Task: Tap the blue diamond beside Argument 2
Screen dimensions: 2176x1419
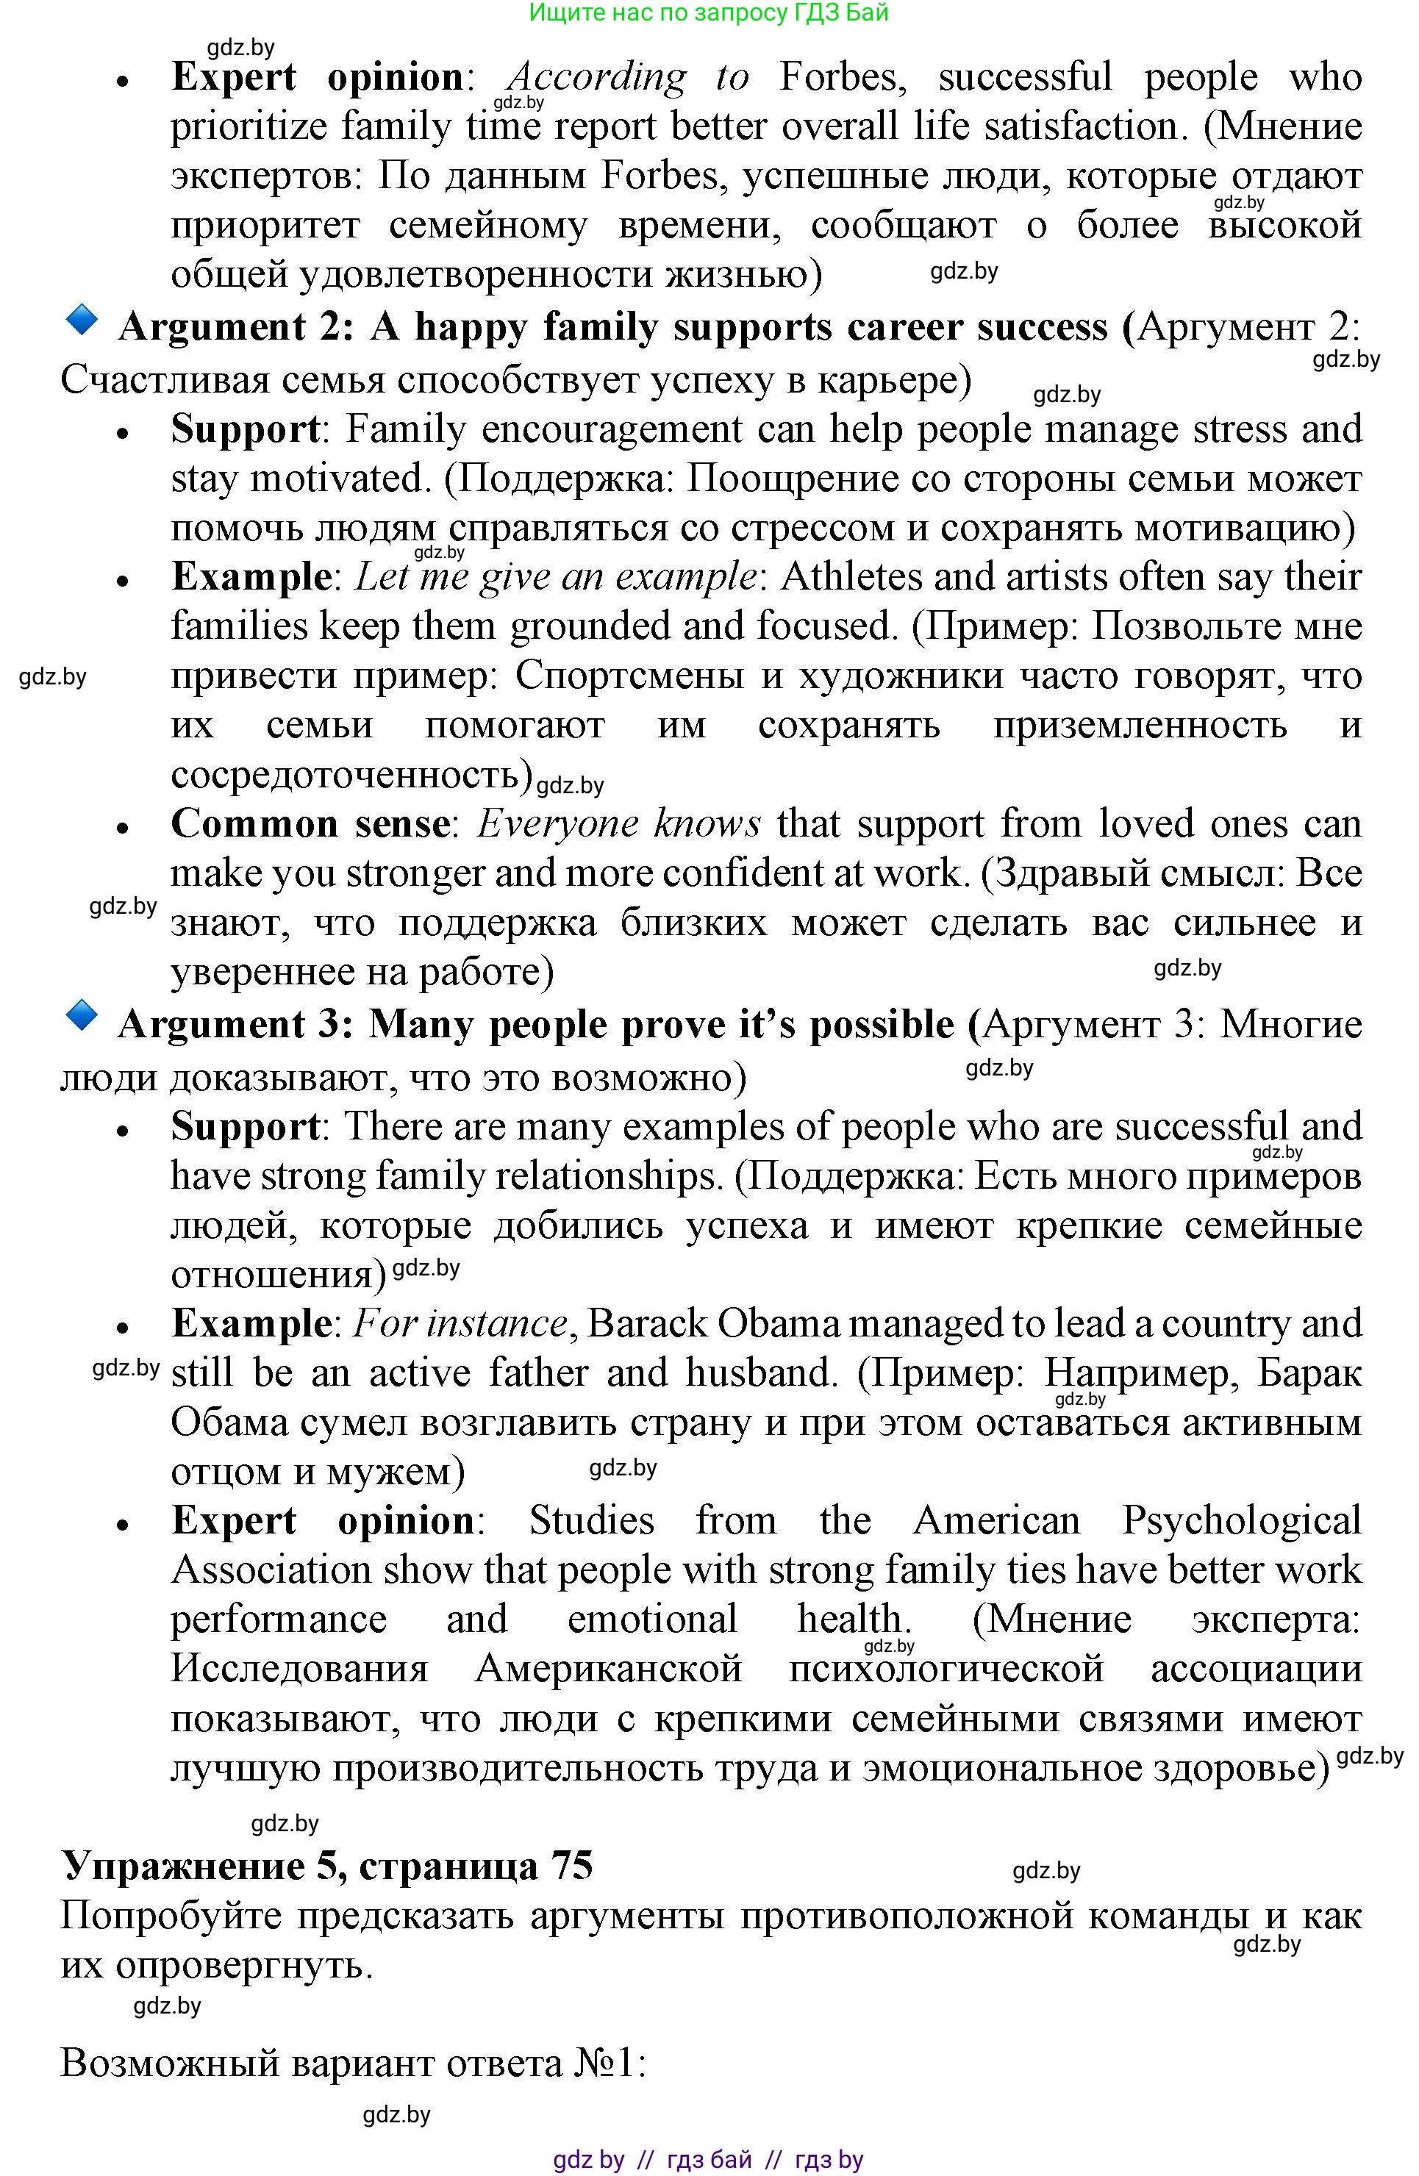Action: pos(83,319)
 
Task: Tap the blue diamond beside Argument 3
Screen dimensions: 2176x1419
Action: pos(83,1016)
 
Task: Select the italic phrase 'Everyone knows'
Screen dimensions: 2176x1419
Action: pos(619,824)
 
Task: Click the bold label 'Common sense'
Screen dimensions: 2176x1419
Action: pos(309,824)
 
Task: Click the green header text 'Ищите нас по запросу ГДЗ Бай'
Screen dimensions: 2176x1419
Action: pos(709,12)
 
